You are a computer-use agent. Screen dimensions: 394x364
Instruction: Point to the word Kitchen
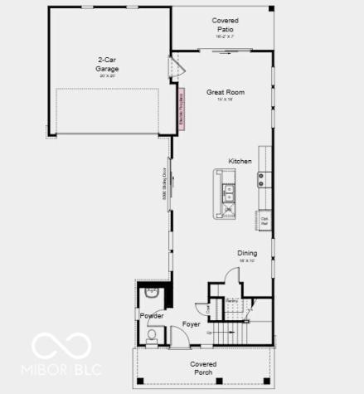click(x=240, y=162)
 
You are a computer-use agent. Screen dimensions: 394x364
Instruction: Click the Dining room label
click(x=247, y=254)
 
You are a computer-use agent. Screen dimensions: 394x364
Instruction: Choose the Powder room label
click(x=152, y=316)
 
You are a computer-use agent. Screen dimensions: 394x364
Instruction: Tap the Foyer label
click(x=192, y=323)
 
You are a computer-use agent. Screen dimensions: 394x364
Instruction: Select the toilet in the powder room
click(x=152, y=338)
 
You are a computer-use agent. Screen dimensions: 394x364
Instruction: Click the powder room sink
click(x=151, y=293)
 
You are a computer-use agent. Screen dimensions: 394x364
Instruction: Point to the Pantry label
click(x=232, y=300)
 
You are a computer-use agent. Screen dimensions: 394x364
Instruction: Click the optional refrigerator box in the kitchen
click(x=265, y=221)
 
